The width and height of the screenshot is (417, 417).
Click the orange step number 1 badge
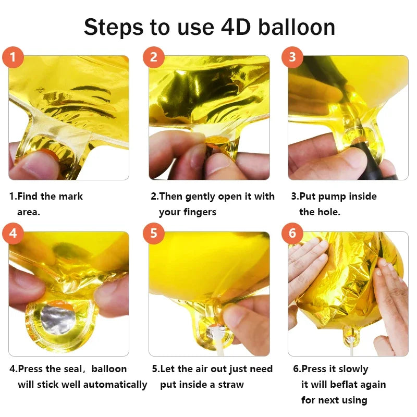coord(14,57)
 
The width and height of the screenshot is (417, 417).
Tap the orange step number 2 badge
coord(153,57)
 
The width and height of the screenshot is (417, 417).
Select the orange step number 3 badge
coord(292,57)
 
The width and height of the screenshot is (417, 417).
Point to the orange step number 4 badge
coord(14,234)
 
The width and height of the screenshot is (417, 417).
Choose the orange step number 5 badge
coord(153,234)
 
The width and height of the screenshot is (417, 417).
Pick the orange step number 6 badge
coord(292,234)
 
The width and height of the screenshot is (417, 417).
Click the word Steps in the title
coord(114,27)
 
